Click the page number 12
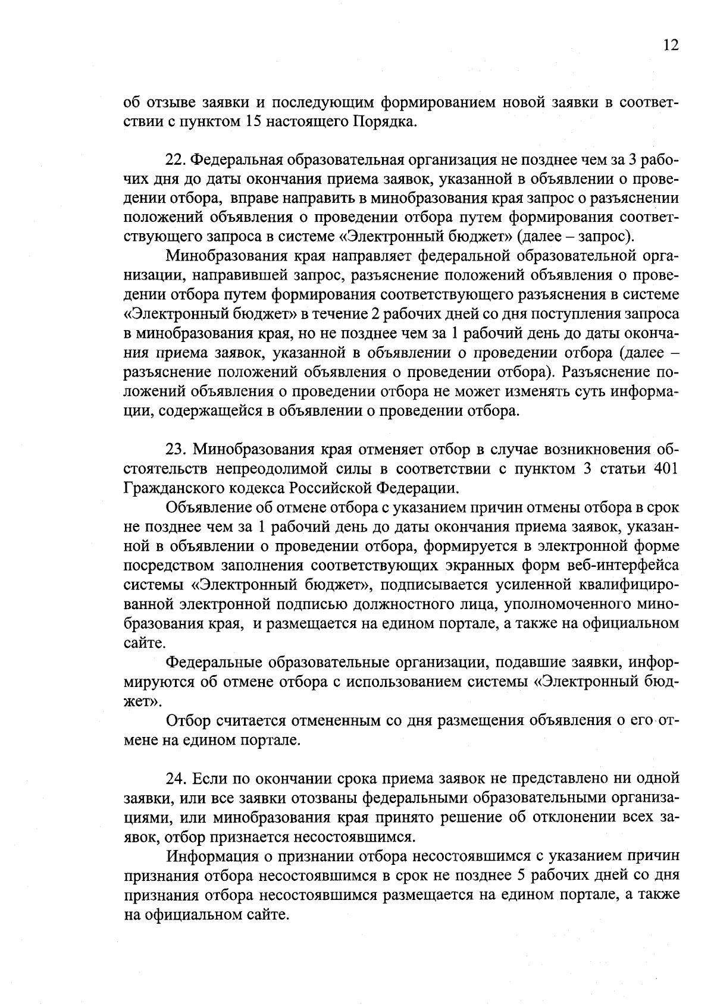[670, 46]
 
